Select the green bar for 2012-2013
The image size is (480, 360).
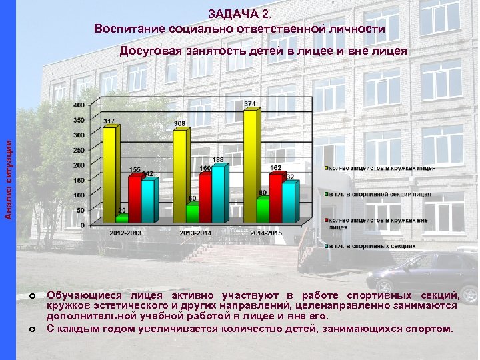(x=121, y=218)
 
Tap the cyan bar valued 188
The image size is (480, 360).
(x=218, y=193)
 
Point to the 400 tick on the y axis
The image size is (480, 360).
(x=79, y=105)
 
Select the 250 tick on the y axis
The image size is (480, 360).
(x=79, y=150)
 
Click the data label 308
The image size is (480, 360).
(x=179, y=124)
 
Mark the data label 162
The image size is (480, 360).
(x=275, y=168)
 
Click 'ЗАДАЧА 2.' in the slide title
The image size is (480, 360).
(x=239, y=13)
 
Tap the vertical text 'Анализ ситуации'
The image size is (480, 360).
(x=9, y=176)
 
